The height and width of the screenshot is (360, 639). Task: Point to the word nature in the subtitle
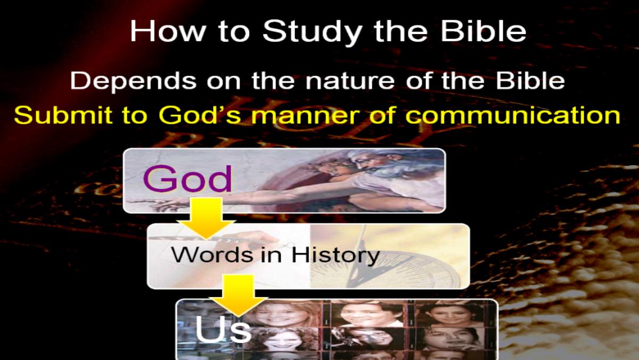[350, 81]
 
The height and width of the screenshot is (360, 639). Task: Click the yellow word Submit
[63, 115]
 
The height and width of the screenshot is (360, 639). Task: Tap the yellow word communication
[513, 115]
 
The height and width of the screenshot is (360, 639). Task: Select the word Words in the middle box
[212, 254]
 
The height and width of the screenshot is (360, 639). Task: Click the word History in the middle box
[335, 255]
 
